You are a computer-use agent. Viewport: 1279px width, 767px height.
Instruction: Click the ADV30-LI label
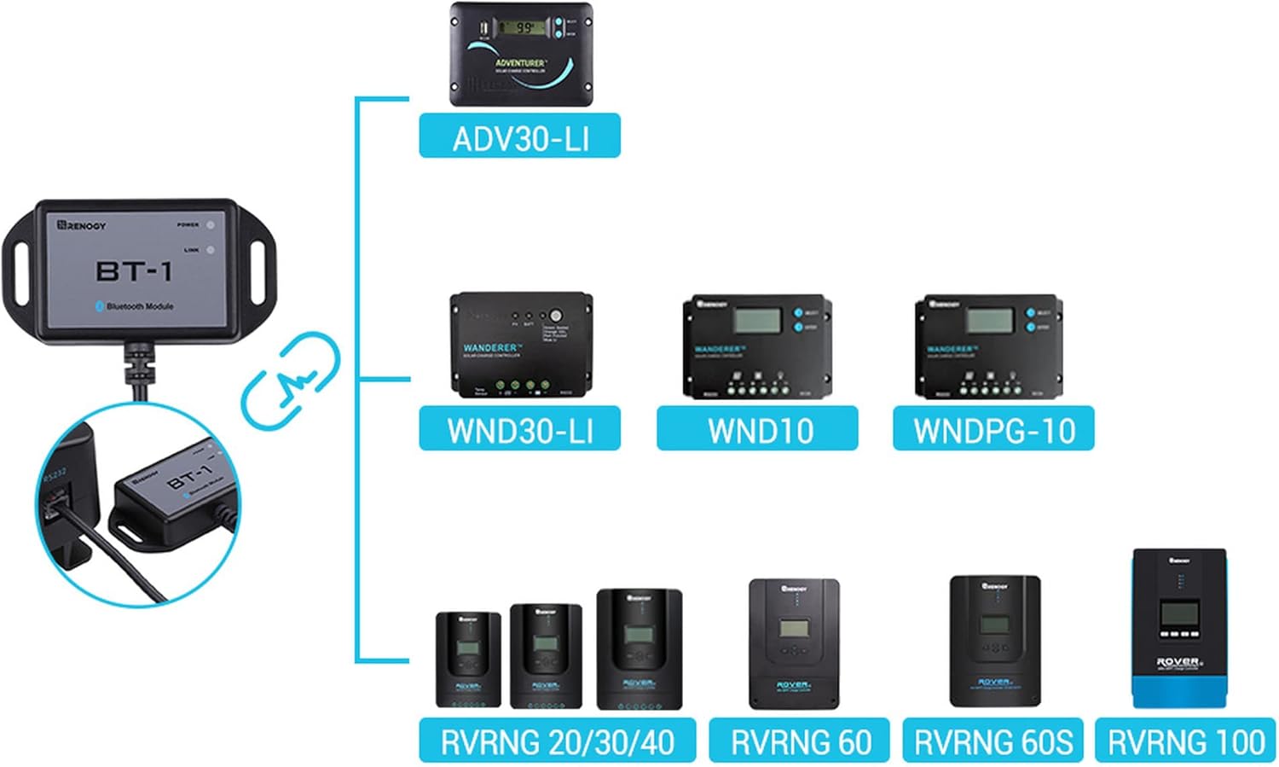click(x=519, y=137)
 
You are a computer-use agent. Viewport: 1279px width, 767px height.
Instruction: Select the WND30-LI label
click(x=519, y=430)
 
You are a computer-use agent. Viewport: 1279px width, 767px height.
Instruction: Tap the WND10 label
click(x=757, y=430)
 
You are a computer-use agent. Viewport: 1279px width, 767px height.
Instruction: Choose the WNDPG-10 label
click(x=993, y=430)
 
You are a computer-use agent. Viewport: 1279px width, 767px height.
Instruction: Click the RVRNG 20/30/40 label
click(x=557, y=741)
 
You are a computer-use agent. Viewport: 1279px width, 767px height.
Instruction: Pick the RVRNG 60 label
click(x=799, y=741)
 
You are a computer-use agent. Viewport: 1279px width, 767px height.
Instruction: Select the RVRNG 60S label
click(x=993, y=741)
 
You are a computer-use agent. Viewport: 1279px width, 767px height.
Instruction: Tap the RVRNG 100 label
click(x=1185, y=741)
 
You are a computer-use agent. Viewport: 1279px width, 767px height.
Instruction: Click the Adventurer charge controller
click(x=521, y=55)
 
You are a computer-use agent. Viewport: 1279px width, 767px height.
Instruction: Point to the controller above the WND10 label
click(x=757, y=346)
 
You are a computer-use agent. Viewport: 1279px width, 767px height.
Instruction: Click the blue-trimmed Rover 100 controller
click(x=1179, y=629)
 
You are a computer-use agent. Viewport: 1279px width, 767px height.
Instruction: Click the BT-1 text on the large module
click(x=134, y=271)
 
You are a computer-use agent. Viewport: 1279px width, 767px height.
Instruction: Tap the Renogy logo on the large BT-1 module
click(x=82, y=225)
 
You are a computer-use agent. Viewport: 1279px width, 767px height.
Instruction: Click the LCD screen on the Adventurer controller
click(x=522, y=27)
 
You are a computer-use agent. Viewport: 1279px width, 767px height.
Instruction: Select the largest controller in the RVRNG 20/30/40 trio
click(x=639, y=648)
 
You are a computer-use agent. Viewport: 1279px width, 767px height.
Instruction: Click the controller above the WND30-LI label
click(x=521, y=345)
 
